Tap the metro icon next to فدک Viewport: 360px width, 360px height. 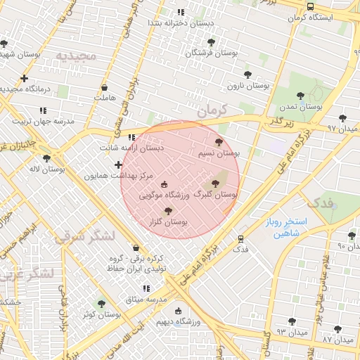[x=240, y=239]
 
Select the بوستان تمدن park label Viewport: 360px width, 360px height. [x=300, y=108]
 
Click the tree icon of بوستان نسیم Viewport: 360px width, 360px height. [x=219, y=142]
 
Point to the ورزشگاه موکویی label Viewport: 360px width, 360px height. [x=165, y=195]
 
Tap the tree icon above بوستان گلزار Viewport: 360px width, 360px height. [x=167, y=210]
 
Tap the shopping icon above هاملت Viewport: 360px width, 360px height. [x=105, y=88]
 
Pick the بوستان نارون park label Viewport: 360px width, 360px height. [x=248, y=86]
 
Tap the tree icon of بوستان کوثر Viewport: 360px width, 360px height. [x=101, y=304]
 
